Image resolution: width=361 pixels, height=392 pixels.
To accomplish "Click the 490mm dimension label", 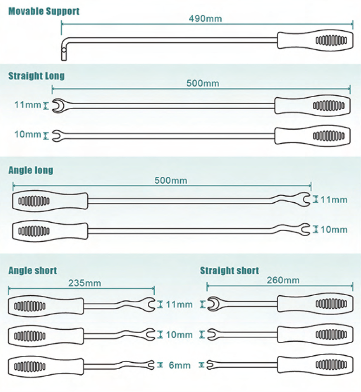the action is click(x=205, y=19).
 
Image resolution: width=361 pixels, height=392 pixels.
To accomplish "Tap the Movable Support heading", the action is click(x=44, y=11).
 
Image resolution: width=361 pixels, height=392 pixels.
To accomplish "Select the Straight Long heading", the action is click(x=37, y=76).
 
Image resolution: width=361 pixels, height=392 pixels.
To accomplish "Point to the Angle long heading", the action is click(x=31, y=170).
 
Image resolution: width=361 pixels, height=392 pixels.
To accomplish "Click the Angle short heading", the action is click(x=33, y=271).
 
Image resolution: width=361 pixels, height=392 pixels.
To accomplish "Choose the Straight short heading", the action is click(x=230, y=271).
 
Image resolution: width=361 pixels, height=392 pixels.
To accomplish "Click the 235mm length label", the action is click(x=85, y=283).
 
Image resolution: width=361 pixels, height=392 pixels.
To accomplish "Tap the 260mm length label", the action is click(x=283, y=280).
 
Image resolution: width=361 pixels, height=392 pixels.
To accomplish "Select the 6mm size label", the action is click(x=179, y=365).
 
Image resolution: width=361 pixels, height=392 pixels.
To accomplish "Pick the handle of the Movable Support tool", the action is click(x=315, y=40).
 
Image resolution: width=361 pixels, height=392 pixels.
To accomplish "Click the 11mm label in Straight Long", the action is click(x=27, y=105).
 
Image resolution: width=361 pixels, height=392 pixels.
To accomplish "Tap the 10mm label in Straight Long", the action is click(x=27, y=134).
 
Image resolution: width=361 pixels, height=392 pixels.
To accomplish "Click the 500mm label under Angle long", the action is click(x=171, y=180).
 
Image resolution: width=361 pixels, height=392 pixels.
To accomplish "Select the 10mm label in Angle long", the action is click(x=334, y=230).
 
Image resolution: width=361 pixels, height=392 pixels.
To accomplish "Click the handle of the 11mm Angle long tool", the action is click(x=50, y=201).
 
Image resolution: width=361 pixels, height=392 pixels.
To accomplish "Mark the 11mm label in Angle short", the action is click(x=179, y=305).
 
